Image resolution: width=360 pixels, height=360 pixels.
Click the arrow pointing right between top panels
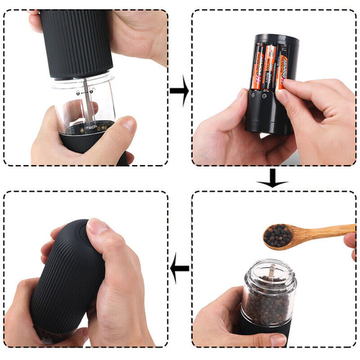[x=179, y=91]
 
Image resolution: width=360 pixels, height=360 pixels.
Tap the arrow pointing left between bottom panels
[x=179, y=268]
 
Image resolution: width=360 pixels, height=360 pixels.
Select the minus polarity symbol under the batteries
[x=265, y=96]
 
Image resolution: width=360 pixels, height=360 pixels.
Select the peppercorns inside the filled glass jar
[x=268, y=304]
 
